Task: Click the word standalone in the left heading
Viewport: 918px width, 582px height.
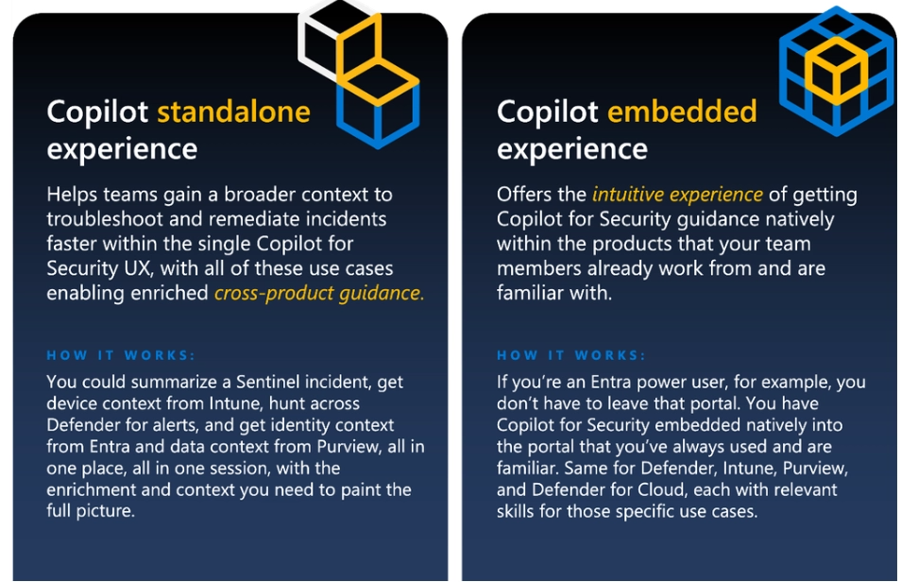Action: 233,111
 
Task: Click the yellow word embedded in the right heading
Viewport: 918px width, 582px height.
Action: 682,111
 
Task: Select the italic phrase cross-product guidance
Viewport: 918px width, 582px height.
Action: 319,293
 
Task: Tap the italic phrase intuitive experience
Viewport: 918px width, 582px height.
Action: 677,194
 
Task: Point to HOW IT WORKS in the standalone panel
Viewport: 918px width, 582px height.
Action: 121,355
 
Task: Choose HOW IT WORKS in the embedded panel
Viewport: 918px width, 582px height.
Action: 570,355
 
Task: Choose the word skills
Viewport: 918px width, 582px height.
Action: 516,511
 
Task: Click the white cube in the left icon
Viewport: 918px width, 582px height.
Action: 319,40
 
